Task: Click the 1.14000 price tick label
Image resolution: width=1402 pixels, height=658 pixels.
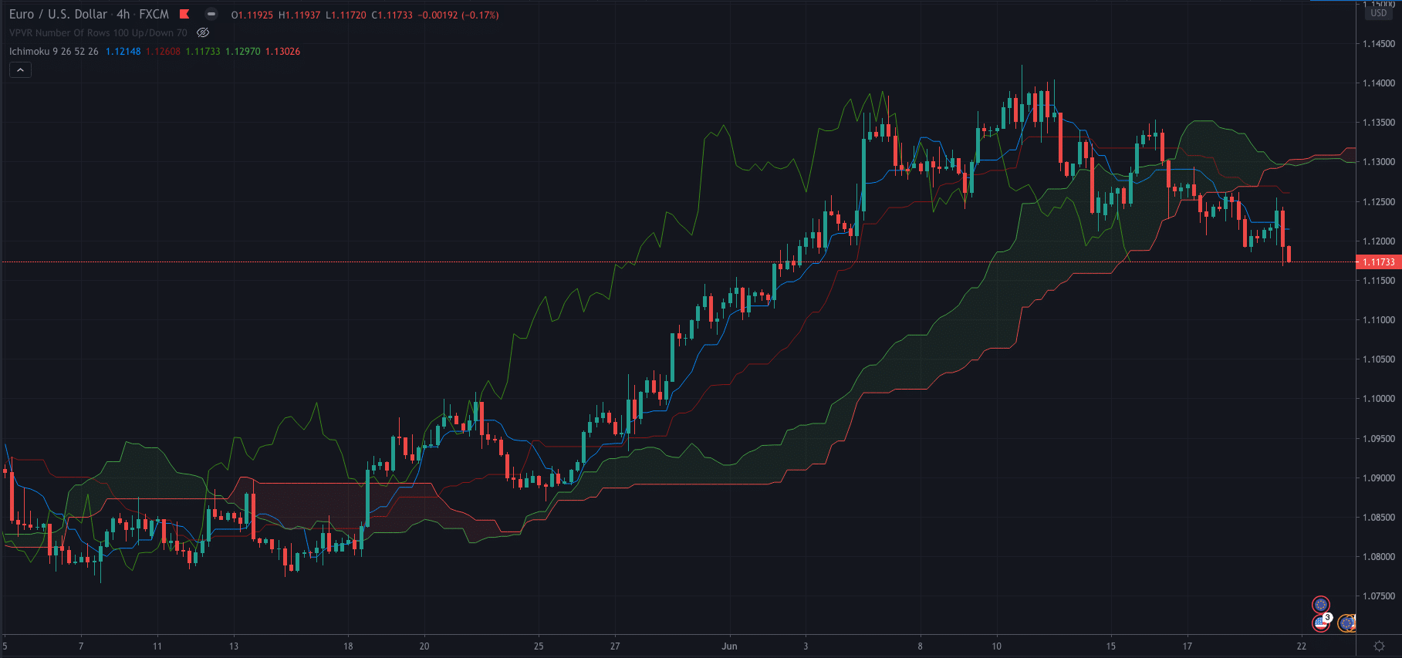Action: coord(1378,83)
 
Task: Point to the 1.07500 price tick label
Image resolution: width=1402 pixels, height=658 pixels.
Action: coord(1378,596)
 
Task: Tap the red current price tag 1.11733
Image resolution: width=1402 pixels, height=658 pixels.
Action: coord(1378,262)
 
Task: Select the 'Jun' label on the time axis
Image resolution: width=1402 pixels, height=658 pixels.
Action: coord(729,646)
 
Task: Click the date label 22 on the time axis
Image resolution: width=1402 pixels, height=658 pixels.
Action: coord(1302,646)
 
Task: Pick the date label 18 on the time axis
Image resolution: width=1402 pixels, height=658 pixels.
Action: coord(348,646)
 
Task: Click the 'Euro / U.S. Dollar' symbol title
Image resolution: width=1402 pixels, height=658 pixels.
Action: coord(58,14)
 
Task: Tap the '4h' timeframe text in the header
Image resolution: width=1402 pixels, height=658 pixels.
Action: coord(123,14)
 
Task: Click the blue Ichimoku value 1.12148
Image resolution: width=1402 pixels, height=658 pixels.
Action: coord(123,52)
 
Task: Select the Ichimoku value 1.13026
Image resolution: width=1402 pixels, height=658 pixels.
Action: coord(282,52)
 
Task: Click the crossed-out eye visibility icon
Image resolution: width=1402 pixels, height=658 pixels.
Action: coord(203,32)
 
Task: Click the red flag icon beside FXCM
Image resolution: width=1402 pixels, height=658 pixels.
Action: coord(184,14)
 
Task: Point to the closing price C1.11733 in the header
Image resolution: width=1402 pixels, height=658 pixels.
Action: coord(392,15)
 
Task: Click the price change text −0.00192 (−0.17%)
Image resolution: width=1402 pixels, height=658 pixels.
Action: coord(458,15)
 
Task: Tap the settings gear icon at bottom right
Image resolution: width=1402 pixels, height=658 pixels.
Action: coord(1379,646)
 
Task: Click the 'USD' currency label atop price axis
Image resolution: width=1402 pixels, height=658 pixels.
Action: coord(1379,13)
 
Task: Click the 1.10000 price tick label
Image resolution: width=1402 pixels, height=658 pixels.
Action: coord(1378,399)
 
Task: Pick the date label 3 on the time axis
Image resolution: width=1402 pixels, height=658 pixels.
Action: coord(806,646)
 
